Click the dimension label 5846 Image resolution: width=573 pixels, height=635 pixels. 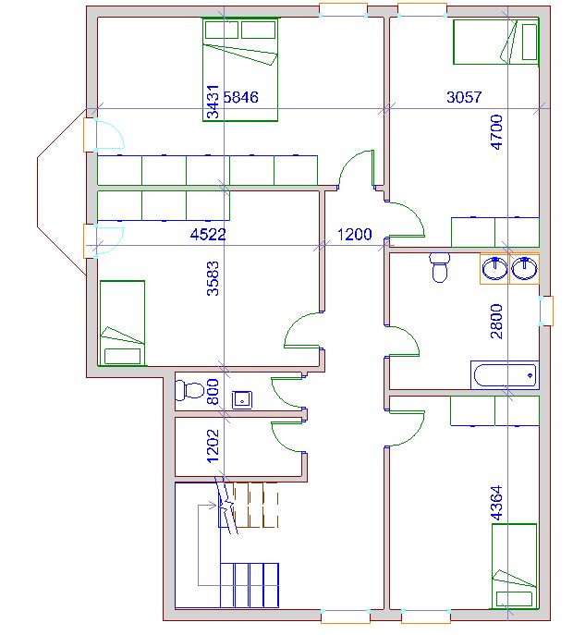pyautogui.click(x=241, y=97)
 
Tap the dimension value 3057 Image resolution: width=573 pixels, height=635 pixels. pyautogui.click(x=464, y=97)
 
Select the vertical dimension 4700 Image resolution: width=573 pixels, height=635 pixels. pyautogui.click(x=496, y=132)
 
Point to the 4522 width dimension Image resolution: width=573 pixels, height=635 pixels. pyautogui.click(x=208, y=234)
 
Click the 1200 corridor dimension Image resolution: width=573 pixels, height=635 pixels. pyautogui.click(x=354, y=234)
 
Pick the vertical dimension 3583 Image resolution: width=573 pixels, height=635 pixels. pyautogui.click(x=213, y=278)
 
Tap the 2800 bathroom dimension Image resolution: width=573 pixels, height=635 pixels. pyautogui.click(x=496, y=321)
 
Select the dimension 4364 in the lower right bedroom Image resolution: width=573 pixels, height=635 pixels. pyautogui.click(x=496, y=503)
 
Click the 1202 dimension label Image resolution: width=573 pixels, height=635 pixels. pyautogui.click(x=213, y=446)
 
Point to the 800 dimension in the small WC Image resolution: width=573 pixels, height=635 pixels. pyautogui.click(x=213, y=392)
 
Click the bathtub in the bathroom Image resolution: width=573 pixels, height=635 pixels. pyautogui.click(x=505, y=375)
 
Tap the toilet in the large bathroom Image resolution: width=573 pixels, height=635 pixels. pyautogui.click(x=439, y=267)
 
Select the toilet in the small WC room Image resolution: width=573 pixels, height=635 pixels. pyautogui.click(x=189, y=390)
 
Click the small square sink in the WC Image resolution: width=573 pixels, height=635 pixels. pyautogui.click(x=242, y=400)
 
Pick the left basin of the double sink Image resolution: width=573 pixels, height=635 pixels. pyautogui.click(x=494, y=268)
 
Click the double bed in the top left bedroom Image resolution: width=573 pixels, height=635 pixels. pyautogui.click(x=240, y=69)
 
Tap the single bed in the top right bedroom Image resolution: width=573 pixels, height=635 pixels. pyautogui.click(x=496, y=42)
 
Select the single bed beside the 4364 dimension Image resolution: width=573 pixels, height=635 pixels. pyautogui.click(x=514, y=567)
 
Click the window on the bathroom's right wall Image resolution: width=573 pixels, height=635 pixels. pyautogui.click(x=546, y=311)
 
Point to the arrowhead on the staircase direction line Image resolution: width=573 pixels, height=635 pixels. pyautogui.click(x=213, y=506)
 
